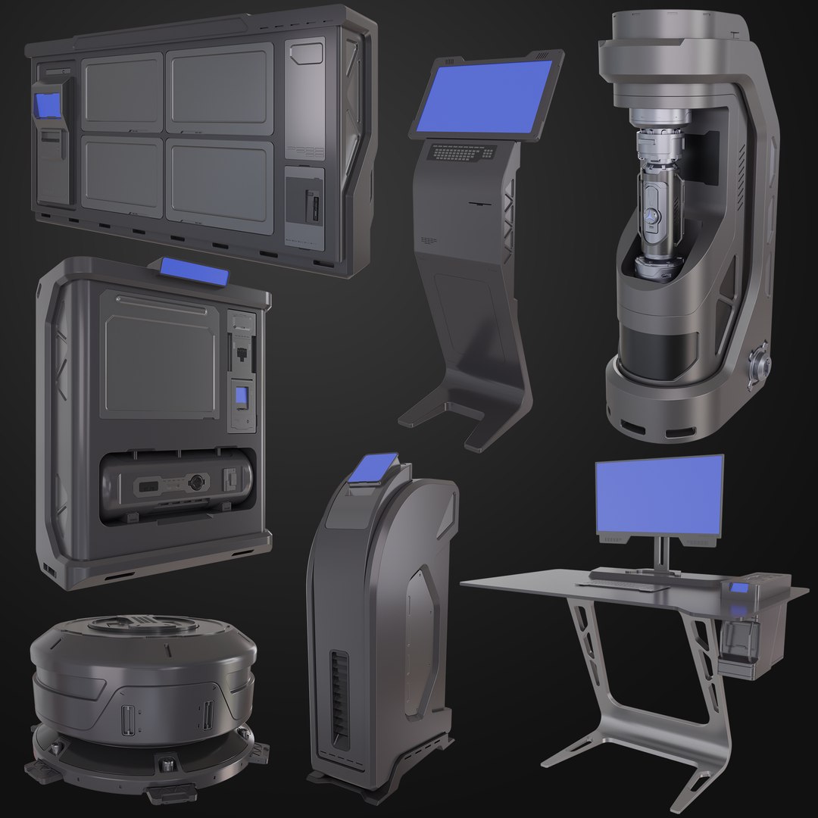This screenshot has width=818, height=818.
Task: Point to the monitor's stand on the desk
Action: tap(663, 553)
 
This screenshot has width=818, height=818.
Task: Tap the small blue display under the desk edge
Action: tap(738, 590)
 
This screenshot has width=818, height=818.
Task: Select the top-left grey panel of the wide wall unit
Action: tap(121, 91)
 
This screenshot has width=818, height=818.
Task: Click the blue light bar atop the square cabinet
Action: tap(194, 273)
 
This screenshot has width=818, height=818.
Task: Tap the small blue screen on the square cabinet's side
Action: tap(241, 396)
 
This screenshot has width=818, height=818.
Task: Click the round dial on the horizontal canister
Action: tap(198, 480)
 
